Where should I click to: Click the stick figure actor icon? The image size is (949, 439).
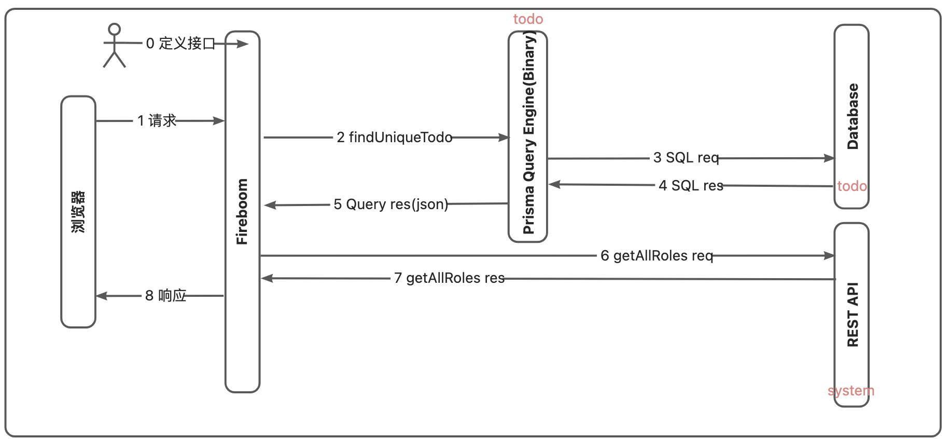coord(114,46)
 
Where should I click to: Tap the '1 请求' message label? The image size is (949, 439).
coord(157,121)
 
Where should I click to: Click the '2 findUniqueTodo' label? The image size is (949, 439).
coord(394,138)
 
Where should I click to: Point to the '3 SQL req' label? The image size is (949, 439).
coord(686,158)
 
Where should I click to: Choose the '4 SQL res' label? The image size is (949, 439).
coord(691,186)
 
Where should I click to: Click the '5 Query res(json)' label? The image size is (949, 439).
coord(390,204)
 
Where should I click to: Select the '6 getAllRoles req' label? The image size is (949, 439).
coord(657,256)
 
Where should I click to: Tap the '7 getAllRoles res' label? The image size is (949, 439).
coord(449,278)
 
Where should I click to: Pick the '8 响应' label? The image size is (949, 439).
coord(165,296)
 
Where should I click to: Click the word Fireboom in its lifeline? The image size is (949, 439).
coord(242,212)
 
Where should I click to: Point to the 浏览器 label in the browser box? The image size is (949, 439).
coord(78,212)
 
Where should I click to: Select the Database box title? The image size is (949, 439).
coord(853,117)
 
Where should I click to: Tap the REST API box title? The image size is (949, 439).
coord(853,314)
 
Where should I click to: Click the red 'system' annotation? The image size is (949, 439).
coord(851,391)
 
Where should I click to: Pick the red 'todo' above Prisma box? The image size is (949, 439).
coord(528,19)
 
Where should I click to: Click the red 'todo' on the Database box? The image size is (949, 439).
coord(852,186)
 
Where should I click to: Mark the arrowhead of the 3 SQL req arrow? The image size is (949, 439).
coord(830,158)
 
